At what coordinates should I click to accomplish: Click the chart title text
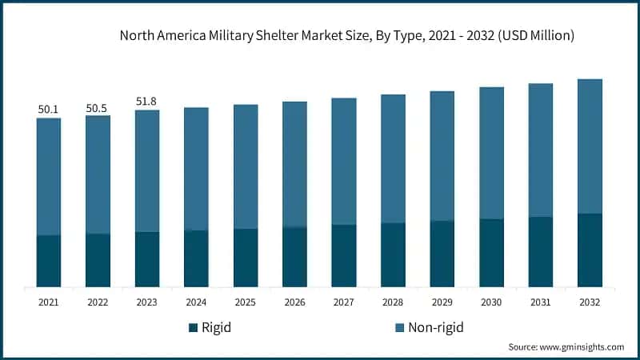346,35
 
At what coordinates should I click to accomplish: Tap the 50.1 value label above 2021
49,109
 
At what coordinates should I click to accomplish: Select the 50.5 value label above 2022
98,106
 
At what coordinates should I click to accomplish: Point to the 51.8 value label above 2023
147,101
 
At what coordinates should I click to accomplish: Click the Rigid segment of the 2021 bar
49,261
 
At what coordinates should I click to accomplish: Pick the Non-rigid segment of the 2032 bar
590,146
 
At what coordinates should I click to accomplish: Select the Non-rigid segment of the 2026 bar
294,165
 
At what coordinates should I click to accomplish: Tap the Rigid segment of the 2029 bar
442,254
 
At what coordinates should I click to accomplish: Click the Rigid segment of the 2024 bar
196,258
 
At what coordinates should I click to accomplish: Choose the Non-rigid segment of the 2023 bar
147,171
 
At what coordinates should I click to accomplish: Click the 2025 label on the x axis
246,302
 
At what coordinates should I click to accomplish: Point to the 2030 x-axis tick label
491,302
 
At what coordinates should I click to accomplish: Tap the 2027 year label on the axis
344,302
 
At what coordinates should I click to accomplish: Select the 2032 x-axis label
590,302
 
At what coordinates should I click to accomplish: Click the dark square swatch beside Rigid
193,328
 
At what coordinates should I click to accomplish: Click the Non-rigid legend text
437,328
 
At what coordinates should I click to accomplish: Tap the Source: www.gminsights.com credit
566,347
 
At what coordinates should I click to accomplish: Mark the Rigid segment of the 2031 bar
541,252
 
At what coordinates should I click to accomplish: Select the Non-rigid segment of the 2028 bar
393,159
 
